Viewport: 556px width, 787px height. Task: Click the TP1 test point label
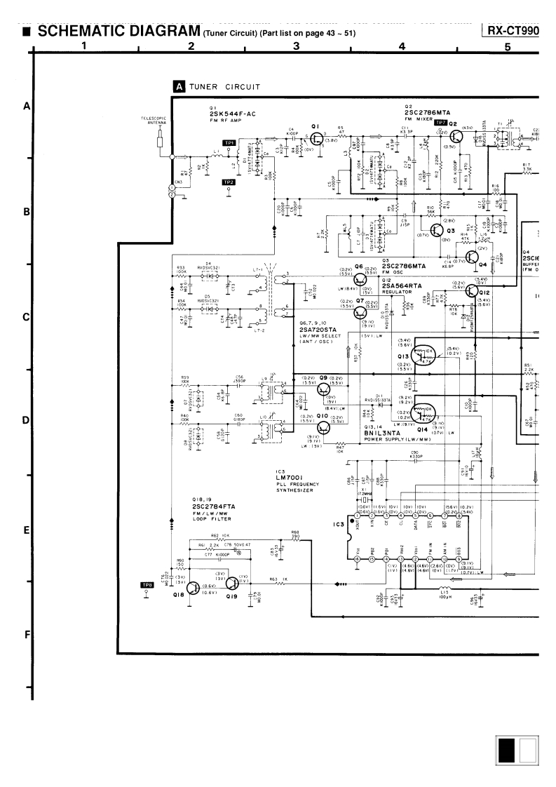tap(229, 142)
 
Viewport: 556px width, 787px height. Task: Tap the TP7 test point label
tap(440, 123)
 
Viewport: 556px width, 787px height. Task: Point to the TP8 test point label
tap(147, 585)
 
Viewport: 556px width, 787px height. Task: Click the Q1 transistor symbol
tap(316, 130)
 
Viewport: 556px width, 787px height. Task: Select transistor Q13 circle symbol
tap(423, 354)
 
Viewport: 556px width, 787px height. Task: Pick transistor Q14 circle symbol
tap(423, 411)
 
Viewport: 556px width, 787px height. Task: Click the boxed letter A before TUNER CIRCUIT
tap(179, 87)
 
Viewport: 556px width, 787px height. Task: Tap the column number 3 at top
tap(296, 47)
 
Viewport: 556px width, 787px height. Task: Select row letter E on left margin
tap(25, 530)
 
